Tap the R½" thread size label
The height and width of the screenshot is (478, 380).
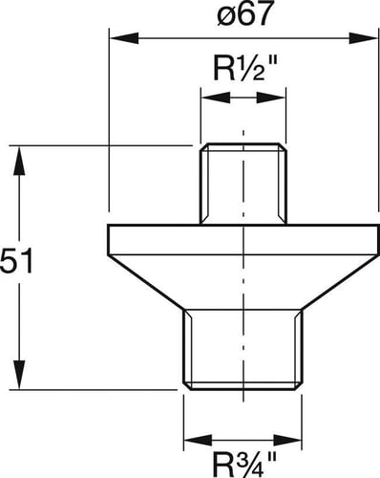point(243,69)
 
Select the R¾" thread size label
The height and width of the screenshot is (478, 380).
point(243,465)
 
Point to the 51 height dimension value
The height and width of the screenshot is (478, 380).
point(16,262)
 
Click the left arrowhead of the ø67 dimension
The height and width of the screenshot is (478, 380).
point(124,38)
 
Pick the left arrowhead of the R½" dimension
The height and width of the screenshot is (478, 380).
point(215,98)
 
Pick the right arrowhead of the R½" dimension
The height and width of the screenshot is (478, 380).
point(271,98)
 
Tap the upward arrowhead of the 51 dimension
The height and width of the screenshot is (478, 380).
point(19,161)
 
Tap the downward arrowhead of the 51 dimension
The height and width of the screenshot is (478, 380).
point(19,375)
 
